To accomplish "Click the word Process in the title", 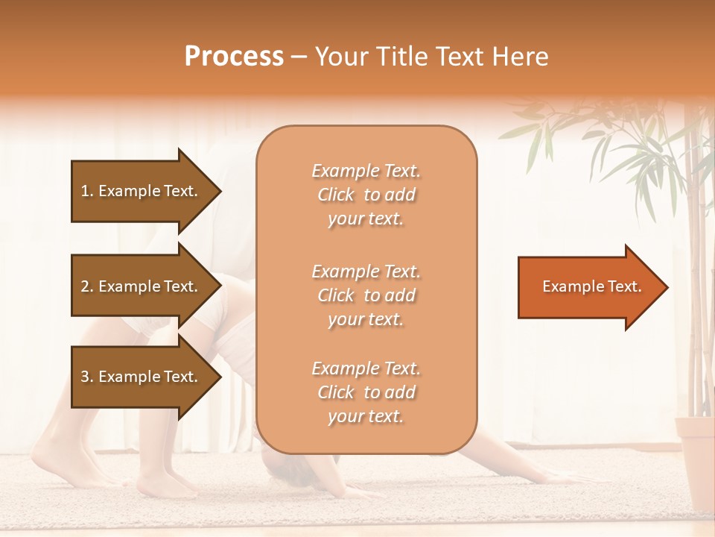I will click(x=234, y=57).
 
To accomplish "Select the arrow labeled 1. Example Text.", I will click(x=142, y=191).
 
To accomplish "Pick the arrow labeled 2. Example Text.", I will click(x=142, y=286).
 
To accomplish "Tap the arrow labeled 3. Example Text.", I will click(x=142, y=377).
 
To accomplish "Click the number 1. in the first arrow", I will click(x=87, y=191).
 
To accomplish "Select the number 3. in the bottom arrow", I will click(x=87, y=377).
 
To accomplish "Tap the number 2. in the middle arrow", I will click(x=87, y=286).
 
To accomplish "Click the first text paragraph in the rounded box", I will click(x=366, y=195).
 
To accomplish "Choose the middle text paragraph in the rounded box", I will click(x=366, y=295).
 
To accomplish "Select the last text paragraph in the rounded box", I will click(x=366, y=392).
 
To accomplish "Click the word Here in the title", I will click(x=522, y=57).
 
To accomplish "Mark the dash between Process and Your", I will click(x=299, y=57).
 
